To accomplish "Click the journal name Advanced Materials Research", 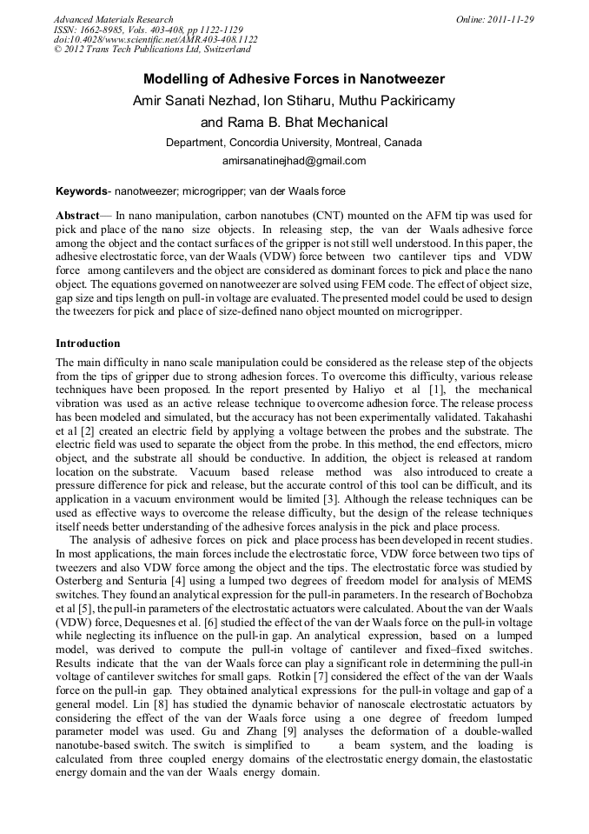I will [113, 19].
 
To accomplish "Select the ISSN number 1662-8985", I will [107, 30].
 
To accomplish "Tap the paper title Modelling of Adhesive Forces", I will [294, 79].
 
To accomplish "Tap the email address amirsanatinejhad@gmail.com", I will [294, 161].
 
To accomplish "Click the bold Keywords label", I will [81, 190].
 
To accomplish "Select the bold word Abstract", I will [77, 214].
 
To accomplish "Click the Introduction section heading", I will [88, 344].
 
